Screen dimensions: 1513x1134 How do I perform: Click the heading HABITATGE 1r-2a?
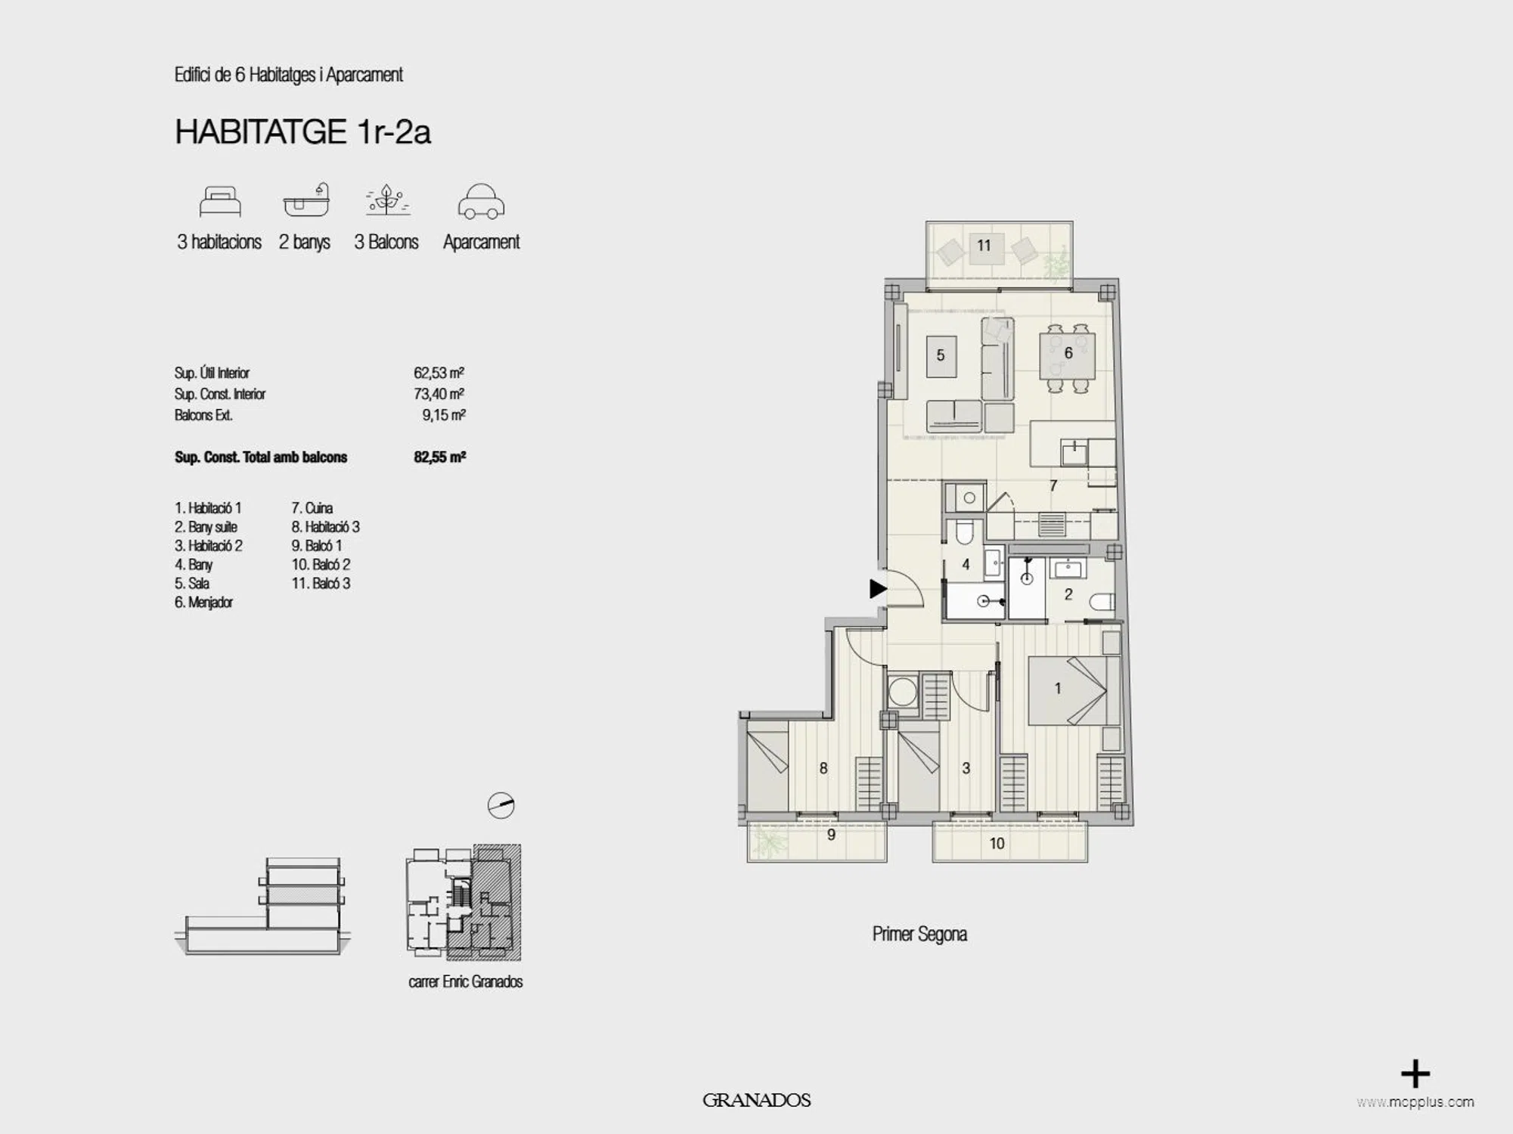tap(302, 132)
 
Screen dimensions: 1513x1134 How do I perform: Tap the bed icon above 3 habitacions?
tap(220, 202)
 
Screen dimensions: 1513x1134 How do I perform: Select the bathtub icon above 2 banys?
tap(307, 200)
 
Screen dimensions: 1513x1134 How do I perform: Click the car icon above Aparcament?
tap(481, 202)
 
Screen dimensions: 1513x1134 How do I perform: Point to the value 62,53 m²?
tap(439, 373)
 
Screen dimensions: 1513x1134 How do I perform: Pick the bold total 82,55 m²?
tap(439, 457)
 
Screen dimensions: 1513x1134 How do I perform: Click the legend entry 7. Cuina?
tap(312, 508)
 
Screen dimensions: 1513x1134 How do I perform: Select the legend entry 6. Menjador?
tap(203, 603)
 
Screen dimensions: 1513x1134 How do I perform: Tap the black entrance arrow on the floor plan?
tap(877, 588)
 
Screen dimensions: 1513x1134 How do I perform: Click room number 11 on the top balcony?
tap(984, 245)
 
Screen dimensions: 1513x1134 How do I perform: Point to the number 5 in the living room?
tap(941, 355)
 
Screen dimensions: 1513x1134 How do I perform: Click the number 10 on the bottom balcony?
tap(997, 844)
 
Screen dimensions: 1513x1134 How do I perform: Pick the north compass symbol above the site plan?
tap(501, 805)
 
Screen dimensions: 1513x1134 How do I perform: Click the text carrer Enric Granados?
tap(466, 982)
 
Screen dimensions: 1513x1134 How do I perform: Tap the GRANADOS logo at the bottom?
tap(756, 1101)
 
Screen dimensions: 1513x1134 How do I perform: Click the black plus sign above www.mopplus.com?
tap(1415, 1074)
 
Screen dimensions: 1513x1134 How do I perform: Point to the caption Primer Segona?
tap(919, 934)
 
